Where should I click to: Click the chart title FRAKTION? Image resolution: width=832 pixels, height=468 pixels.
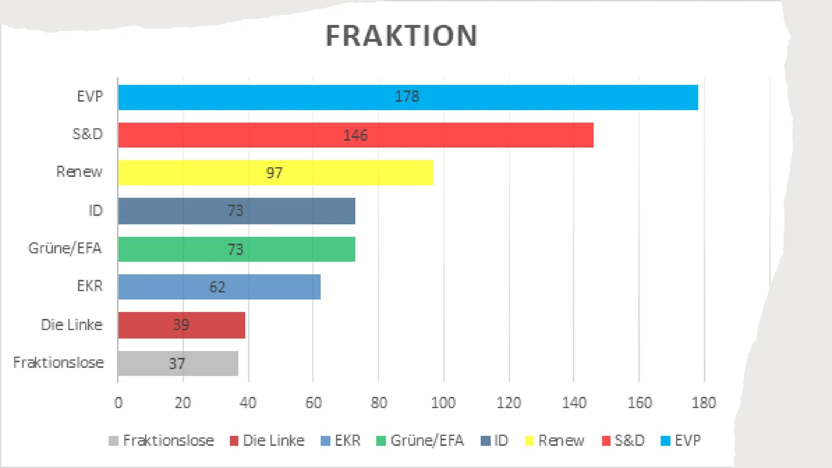point(401,36)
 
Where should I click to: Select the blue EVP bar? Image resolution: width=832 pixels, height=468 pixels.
point(520,97)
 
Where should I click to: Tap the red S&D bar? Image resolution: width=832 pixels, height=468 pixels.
point(477,135)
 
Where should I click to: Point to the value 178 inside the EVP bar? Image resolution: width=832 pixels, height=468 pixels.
point(407,96)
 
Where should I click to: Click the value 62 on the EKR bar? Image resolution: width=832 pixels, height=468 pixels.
point(218,287)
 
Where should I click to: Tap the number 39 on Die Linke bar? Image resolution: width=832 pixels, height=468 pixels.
point(181,325)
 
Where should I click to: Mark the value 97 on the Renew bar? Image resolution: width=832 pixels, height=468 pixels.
point(274,173)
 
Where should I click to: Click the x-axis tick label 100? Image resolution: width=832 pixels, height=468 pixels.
point(443,403)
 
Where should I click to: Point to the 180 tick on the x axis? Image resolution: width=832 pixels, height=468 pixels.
point(704,403)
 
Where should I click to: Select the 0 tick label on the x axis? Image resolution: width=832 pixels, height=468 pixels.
point(118,403)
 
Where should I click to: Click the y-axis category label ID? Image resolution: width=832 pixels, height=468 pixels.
point(95,211)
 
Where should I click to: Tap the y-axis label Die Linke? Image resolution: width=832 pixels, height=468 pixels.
point(71,325)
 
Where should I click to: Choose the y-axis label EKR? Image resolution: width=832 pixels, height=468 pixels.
point(90,286)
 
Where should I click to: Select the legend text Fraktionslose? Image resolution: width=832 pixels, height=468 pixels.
point(169,441)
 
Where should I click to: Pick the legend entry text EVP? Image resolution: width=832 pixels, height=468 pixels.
point(688,441)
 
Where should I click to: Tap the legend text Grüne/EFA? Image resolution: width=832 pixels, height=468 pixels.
point(427,441)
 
